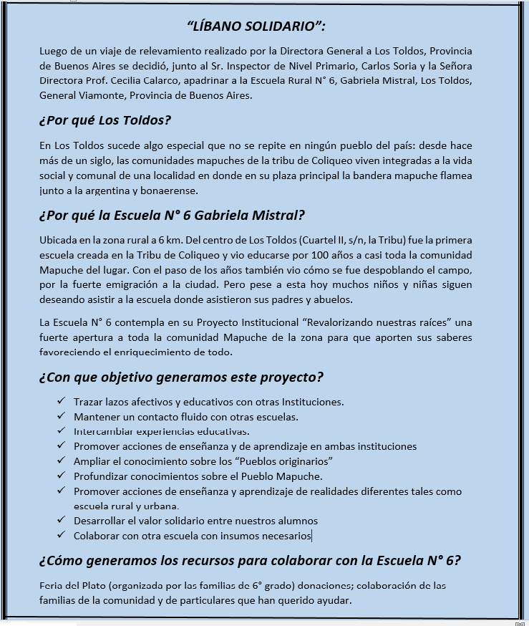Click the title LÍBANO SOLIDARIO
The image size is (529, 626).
[256, 27]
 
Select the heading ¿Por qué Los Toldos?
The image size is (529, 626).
[105, 120]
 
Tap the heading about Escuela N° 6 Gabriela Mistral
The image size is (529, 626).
[172, 215]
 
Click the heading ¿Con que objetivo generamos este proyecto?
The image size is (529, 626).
[181, 377]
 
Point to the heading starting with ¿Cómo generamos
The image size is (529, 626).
[250, 560]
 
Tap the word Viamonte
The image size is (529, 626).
[105, 95]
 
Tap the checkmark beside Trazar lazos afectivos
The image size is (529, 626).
[61, 401]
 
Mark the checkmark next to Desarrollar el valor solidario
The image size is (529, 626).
[61, 520]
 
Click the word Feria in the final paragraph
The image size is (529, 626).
[52, 585]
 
